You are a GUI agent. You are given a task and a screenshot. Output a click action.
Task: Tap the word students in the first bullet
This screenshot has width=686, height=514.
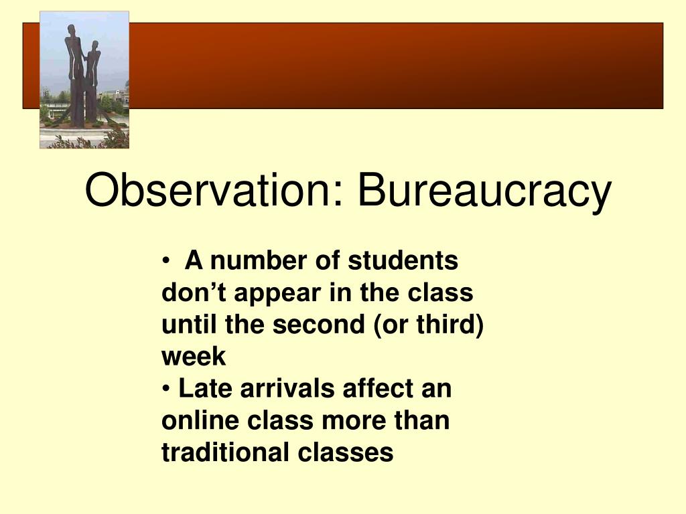pos(403,260)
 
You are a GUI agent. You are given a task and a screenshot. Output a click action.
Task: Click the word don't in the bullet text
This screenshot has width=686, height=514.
pos(194,292)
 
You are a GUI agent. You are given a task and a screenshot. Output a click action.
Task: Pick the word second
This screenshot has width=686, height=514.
pos(318,325)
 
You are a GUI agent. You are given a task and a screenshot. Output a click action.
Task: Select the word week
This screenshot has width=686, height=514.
pos(194,356)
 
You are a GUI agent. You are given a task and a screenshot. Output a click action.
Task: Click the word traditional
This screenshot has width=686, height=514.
pos(226,452)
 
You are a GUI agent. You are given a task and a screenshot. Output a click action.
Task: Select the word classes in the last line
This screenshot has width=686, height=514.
pos(346,452)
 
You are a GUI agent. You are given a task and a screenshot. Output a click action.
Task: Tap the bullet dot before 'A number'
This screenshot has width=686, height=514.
pos(165,262)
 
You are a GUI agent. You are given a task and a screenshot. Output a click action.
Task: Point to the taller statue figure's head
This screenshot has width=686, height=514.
pos(72,31)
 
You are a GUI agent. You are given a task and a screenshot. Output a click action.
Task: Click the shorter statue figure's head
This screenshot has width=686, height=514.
pos(95,46)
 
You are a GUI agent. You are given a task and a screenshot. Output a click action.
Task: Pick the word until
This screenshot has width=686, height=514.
pos(189,325)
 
